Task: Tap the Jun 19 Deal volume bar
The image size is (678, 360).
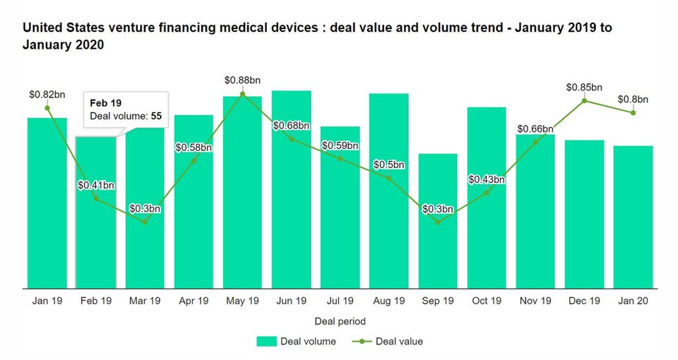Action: pyautogui.click(x=291, y=212)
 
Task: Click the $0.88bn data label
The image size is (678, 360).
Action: pyautogui.click(x=242, y=80)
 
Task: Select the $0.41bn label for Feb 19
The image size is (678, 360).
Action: pyautogui.click(x=96, y=186)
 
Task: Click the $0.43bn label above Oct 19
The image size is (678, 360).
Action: pyautogui.click(x=487, y=180)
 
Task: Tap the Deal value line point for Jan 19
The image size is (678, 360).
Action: pyautogui.click(x=47, y=108)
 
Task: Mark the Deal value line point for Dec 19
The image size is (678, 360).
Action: pyautogui.click(x=584, y=101)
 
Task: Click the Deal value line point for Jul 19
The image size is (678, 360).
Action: pyautogui.click(x=340, y=159)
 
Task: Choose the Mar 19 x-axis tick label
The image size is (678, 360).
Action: pyautogui.click(x=145, y=301)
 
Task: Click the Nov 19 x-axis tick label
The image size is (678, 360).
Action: pyautogui.click(x=535, y=301)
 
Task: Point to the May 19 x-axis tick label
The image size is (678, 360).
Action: pyautogui.click(x=242, y=301)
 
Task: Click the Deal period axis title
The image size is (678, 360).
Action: pyautogui.click(x=340, y=321)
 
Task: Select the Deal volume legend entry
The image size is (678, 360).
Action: pyautogui.click(x=296, y=342)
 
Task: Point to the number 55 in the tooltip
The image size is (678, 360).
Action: pyautogui.click(x=156, y=115)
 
